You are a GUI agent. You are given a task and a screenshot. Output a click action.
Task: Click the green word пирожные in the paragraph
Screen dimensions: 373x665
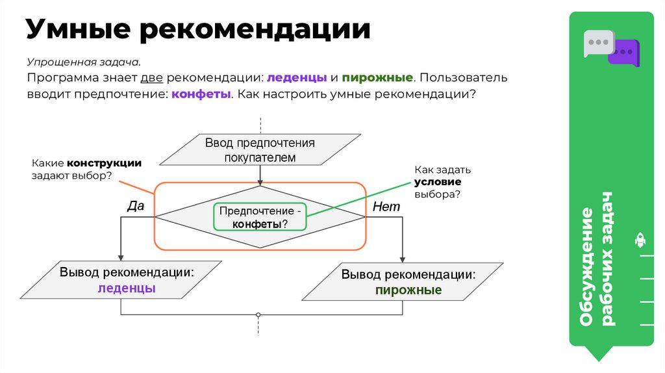(377, 78)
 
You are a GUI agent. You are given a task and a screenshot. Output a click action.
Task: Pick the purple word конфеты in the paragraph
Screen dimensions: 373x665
(201, 94)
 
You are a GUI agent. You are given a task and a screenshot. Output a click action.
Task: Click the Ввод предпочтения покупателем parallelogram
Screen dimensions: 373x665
(260, 150)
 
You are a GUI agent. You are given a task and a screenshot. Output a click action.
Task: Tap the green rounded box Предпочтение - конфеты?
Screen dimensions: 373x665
(260, 217)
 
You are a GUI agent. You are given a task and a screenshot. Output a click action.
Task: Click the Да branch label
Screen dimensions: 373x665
(135, 206)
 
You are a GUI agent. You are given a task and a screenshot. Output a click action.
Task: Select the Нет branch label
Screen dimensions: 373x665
(386, 206)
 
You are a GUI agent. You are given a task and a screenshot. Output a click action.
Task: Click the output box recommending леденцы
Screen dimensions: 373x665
(127, 280)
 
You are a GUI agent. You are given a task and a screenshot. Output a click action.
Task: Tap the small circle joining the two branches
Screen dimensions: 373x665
(258, 315)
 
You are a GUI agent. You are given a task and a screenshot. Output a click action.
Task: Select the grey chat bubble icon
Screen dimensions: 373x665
(597, 42)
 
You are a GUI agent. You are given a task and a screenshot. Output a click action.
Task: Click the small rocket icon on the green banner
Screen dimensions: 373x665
(639, 240)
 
